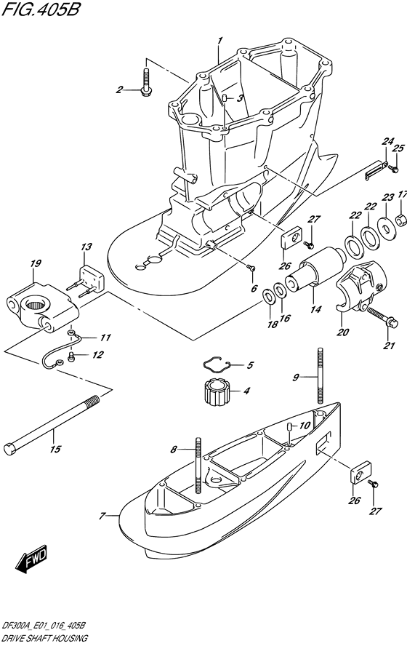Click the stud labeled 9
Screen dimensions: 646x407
pos(318,374)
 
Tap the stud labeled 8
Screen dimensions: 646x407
pos(196,466)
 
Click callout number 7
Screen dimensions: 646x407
pos(103,517)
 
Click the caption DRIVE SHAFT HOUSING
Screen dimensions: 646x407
pos(44,637)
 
